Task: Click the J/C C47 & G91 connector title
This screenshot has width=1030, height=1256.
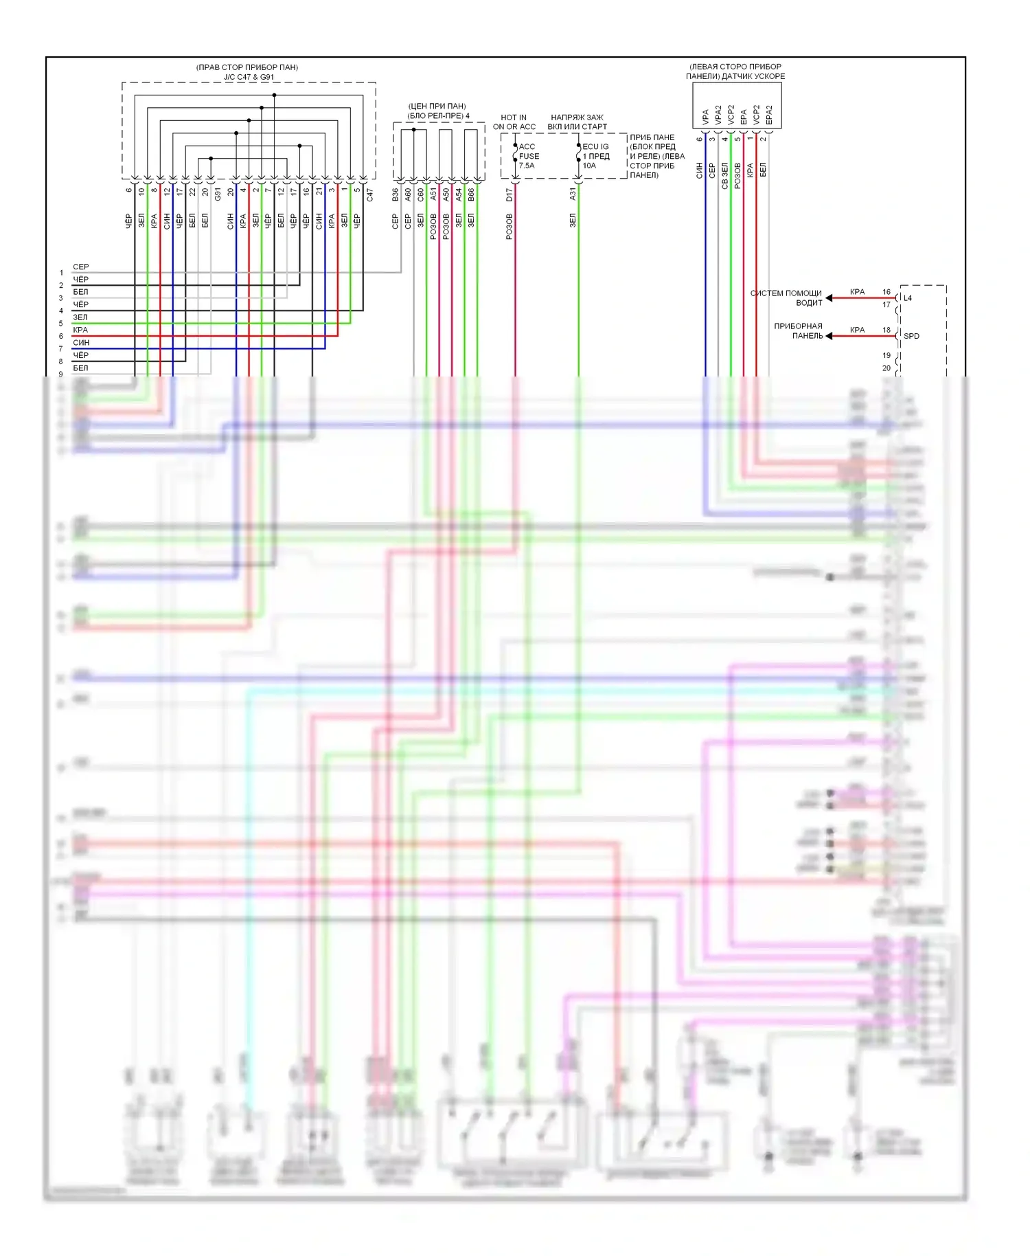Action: [x=248, y=77]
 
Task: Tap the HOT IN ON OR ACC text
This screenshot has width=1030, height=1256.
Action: [x=514, y=122]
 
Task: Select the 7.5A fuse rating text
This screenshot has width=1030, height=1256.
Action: [x=527, y=166]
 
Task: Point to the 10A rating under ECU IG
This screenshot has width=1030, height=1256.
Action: [x=589, y=166]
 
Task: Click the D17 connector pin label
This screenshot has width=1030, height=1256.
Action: [x=510, y=194]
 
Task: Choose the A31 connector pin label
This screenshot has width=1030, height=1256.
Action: [x=573, y=194]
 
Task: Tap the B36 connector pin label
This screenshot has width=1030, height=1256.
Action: [x=396, y=195]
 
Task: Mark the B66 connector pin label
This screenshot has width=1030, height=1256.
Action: [x=471, y=195]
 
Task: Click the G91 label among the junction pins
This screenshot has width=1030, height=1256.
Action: [x=218, y=194]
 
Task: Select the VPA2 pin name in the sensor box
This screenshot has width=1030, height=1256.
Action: [x=718, y=115]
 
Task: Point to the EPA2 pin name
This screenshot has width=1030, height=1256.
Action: [x=769, y=115]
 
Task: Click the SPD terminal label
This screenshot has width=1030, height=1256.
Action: [x=911, y=336]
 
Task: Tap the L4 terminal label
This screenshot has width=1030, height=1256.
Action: [x=908, y=298]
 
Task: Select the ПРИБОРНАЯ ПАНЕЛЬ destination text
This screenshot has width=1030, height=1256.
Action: [x=798, y=331]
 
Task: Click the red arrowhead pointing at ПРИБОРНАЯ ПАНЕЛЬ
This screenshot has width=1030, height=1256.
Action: [x=829, y=336]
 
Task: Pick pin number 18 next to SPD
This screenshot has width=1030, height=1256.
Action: [x=886, y=330]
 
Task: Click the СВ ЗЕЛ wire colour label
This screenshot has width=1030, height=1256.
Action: [x=724, y=176]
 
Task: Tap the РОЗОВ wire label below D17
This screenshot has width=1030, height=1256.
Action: [x=510, y=226]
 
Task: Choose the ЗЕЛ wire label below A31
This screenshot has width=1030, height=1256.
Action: [x=573, y=221]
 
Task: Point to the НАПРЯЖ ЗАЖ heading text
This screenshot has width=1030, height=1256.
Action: [x=577, y=117]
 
